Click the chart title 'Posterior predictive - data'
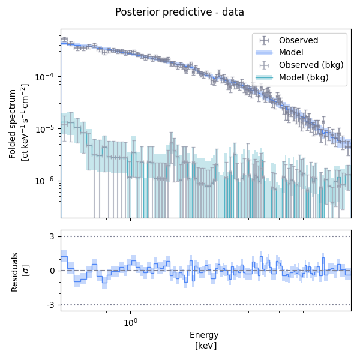[x=179, y=12]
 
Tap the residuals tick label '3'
[x=53, y=236]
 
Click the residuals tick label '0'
[x=53, y=271]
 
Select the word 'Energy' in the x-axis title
[x=204, y=335]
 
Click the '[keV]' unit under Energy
[x=206, y=346]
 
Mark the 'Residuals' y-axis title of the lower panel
[x=14, y=271]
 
